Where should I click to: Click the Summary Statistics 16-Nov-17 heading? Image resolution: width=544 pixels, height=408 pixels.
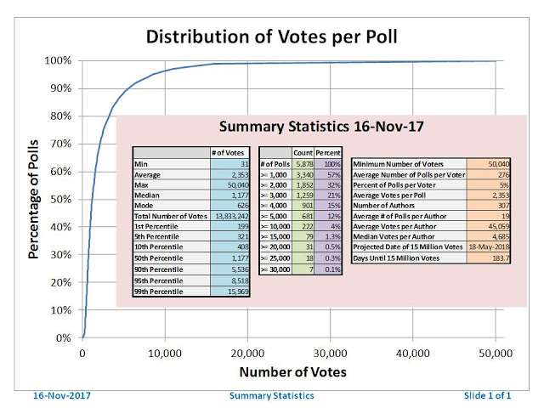(322, 127)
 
